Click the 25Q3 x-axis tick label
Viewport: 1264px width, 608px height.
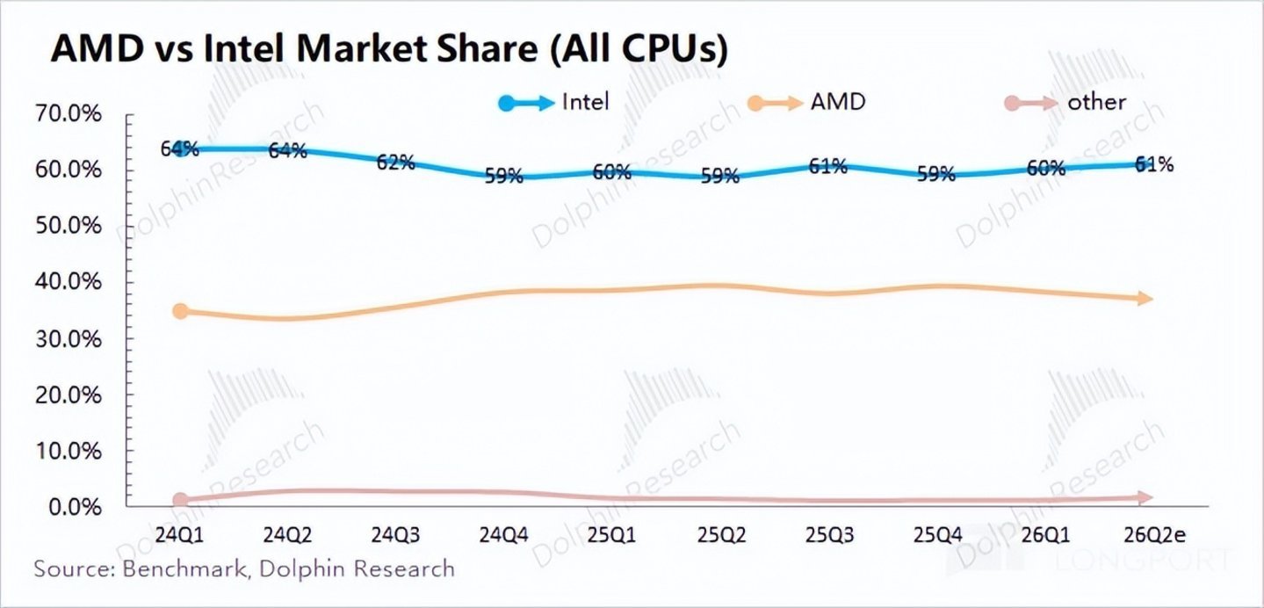[827, 535]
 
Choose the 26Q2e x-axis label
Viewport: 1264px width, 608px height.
[1151, 535]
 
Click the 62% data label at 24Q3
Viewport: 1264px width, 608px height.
[395, 163]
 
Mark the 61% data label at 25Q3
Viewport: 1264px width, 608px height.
[827, 165]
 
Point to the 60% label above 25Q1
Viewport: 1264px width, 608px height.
[610, 172]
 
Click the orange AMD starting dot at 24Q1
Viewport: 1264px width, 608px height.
[180, 311]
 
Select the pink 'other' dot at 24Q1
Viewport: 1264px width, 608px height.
[180, 500]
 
